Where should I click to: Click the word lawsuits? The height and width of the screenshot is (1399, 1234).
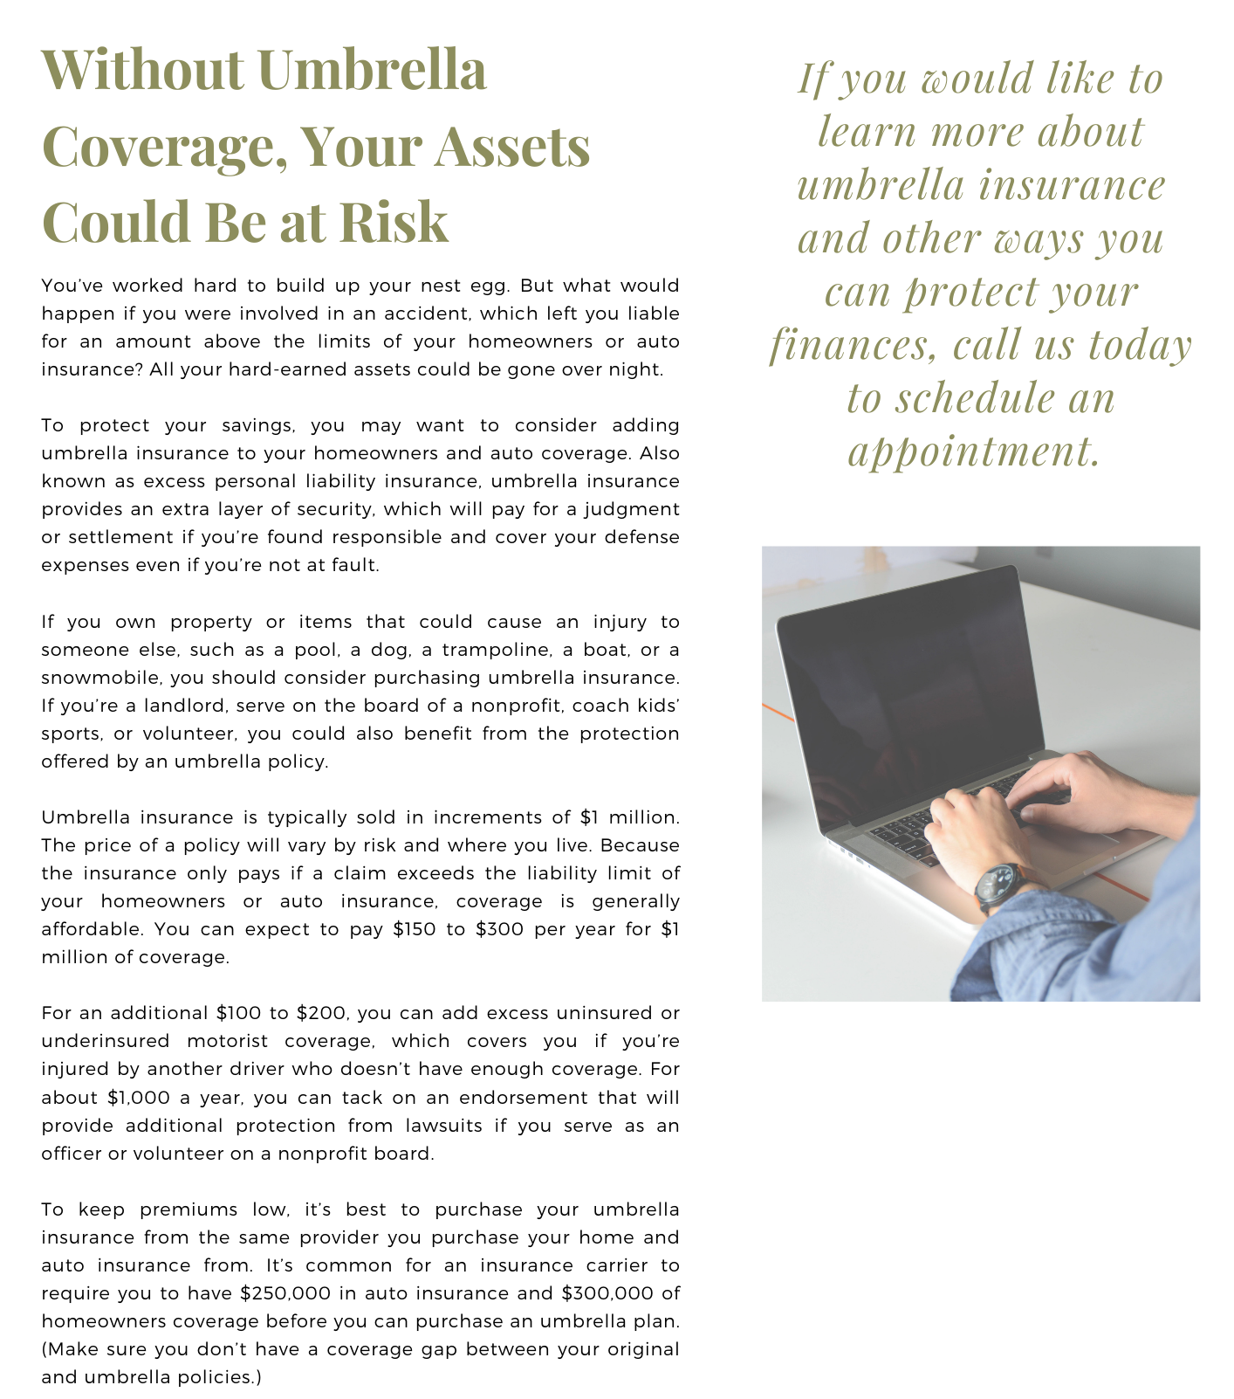pos(442,1126)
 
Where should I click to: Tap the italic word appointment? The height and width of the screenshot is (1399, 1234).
pos(973,451)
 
